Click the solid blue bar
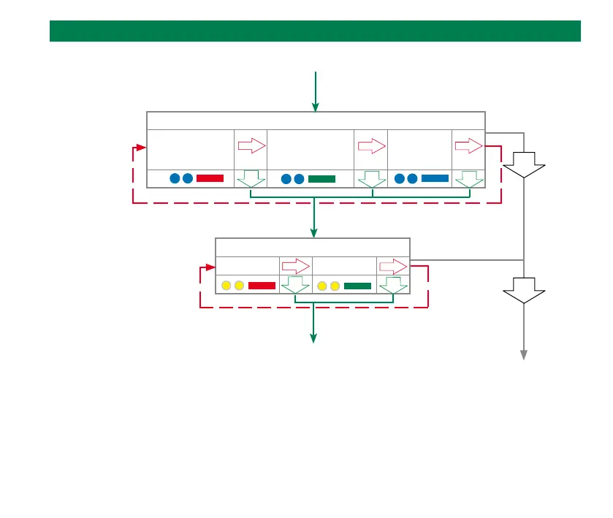435,178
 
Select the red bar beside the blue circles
210,178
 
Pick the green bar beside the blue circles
321,178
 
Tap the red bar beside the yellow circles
262,286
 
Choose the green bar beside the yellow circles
357,286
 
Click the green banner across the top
315,31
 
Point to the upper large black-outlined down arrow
524,164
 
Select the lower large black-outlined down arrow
524,291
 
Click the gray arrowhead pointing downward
524,354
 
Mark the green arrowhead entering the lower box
314,232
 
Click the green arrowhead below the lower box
314,338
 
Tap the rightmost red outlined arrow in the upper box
468,145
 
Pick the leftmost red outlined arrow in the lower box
296,266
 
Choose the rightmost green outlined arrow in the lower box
393,286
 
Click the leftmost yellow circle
226,286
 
